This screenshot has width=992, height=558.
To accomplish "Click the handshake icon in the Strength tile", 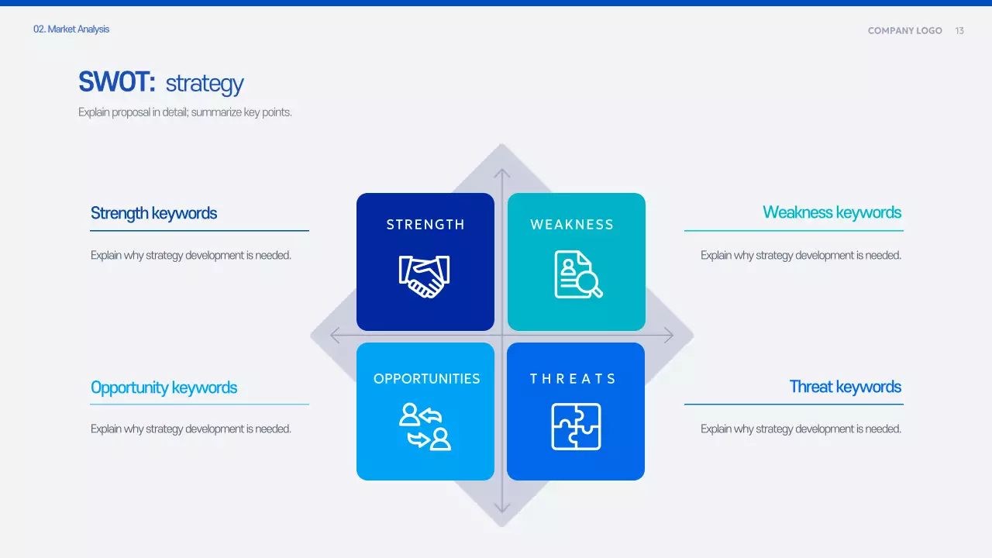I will coord(424,276).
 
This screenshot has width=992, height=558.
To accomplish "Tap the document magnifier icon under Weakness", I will coord(577,274).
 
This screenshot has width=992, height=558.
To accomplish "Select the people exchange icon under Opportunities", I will coord(425,426).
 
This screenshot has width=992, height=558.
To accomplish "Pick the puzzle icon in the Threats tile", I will coord(576,426).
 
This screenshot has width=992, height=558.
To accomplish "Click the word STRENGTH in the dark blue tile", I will coord(425,225).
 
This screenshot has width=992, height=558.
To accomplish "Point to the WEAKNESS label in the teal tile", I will coord(572,225).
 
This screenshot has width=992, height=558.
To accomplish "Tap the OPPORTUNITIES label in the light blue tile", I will coord(426,379).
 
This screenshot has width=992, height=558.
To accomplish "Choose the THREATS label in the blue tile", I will coord(573,379).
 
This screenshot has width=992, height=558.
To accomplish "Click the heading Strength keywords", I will coord(153,213).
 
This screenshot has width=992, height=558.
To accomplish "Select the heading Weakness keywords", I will coord(832,212).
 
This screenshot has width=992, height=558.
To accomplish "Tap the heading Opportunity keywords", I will coord(164,387).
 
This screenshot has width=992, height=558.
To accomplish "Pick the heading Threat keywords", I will coord(845,387).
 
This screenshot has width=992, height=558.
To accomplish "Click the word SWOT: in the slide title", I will coord(117,82).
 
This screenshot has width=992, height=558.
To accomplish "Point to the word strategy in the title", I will coord(205,84).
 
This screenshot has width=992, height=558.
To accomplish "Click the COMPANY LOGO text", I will coord(904,31).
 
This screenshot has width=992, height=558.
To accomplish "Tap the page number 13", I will coord(959,31).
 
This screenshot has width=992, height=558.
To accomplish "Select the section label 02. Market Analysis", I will coord(71,29).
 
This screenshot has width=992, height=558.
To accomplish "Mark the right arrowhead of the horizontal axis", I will coord(668,336).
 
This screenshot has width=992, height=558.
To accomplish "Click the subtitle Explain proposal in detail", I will coord(184,112).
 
